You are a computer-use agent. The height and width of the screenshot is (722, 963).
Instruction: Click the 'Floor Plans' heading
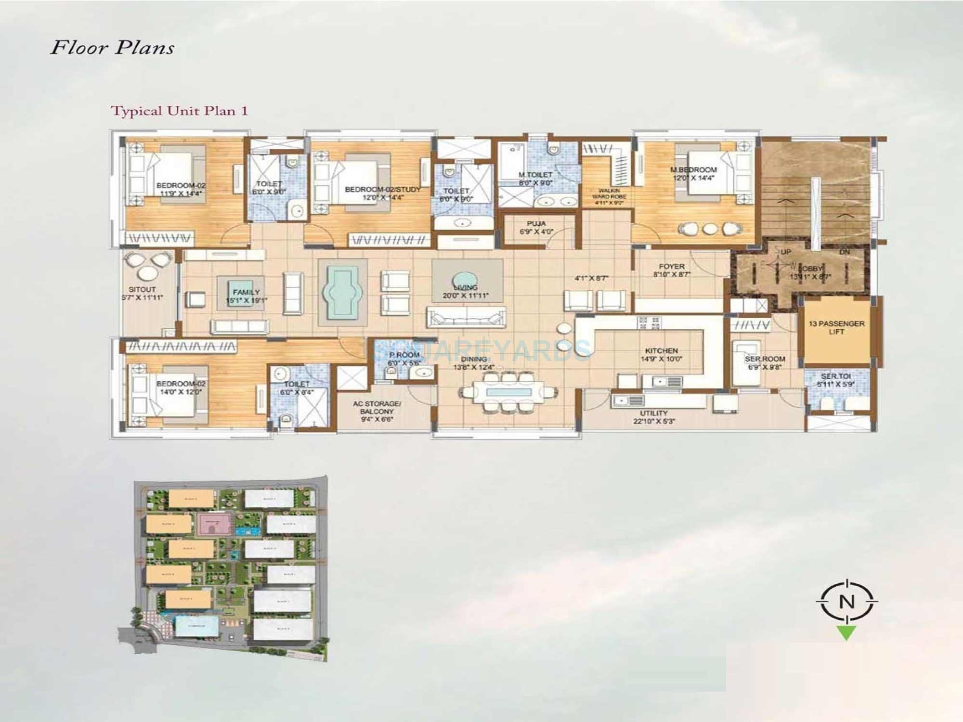point(112,48)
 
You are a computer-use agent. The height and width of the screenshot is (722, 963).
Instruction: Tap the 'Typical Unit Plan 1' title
point(180,111)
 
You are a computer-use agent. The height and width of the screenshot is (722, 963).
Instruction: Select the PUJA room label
point(536,224)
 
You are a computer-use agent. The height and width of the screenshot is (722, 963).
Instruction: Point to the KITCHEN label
point(662,351)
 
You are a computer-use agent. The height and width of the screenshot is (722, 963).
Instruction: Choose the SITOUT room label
point(142,289)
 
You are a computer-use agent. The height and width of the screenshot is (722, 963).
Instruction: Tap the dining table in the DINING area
point(508,392)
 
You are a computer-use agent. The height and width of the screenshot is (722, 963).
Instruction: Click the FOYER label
point(672,266)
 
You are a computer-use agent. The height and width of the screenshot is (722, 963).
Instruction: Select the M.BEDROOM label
point(693,170)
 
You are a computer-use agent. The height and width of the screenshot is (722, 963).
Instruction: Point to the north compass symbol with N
point(846,602)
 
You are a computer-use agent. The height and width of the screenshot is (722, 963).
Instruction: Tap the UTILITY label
point(654,413)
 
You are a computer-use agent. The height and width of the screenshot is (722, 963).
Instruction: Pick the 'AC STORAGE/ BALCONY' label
point(377,408)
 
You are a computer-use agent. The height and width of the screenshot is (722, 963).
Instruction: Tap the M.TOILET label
point(535,175)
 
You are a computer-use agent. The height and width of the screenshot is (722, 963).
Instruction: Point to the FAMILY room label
point(246,292)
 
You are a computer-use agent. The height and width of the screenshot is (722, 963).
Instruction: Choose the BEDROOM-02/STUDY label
point(383,190)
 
